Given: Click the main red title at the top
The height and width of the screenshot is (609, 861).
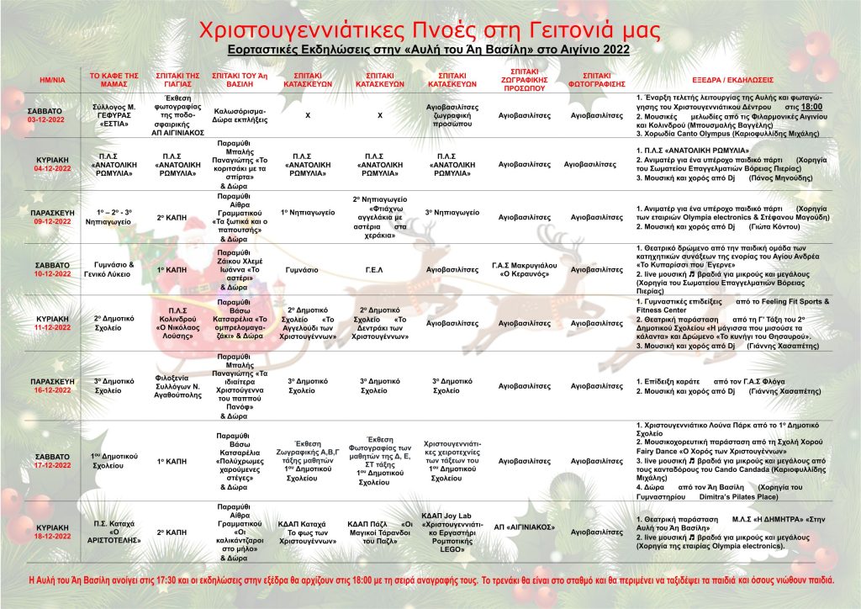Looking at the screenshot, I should [x=430, y=29].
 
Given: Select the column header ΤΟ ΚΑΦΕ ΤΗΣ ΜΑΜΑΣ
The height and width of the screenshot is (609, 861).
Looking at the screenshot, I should [x=114, y=79].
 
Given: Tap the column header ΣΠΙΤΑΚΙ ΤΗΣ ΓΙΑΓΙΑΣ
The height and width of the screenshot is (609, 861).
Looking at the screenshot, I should [x=178, y=79].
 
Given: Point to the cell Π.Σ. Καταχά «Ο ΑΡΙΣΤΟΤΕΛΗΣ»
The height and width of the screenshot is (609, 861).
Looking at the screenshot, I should [x=114, y=532].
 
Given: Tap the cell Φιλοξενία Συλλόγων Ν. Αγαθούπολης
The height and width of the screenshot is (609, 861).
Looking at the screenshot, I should [x=178, y=383].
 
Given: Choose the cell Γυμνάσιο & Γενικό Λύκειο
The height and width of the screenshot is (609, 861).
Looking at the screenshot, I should [x=114, y=271].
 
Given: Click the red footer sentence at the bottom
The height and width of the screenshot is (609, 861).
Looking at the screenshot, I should [x=430, y=580].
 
